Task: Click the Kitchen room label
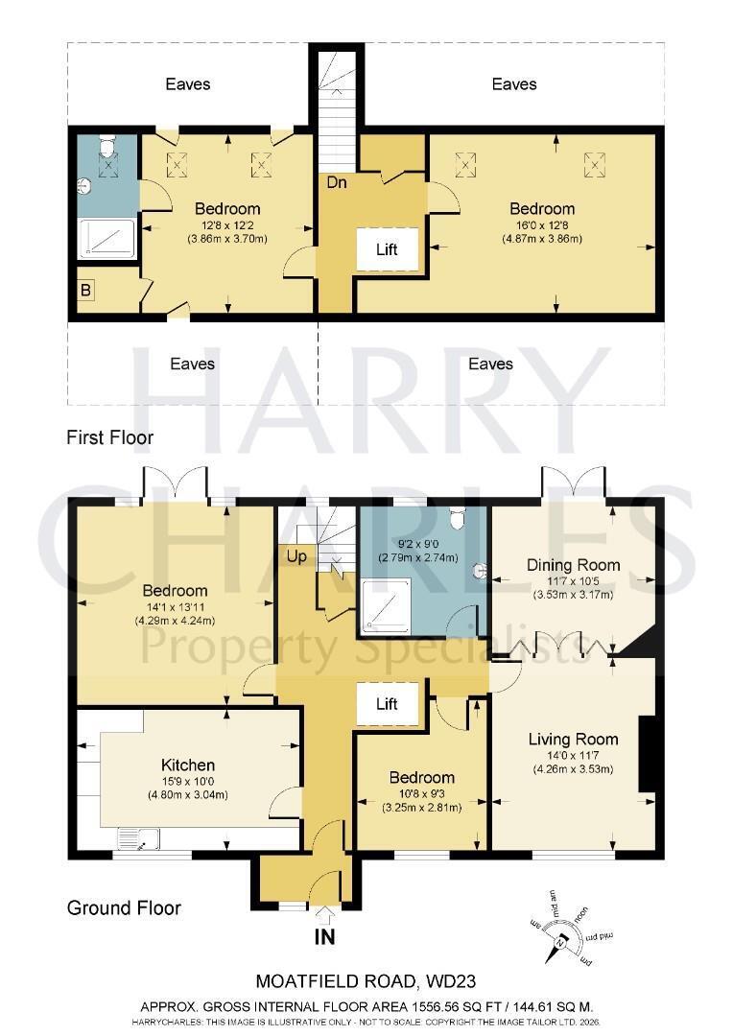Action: point(188,765)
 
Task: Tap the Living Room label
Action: point(573,740)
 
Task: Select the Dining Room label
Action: point(573,565)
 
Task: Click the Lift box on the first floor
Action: point(388,249)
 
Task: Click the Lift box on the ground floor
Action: point(388,704)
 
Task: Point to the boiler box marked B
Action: point(86,290)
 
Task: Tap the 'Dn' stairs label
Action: point(337,181)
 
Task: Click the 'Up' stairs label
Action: point(296,557)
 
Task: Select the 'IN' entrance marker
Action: point(325,936)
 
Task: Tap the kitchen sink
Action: point(138,837)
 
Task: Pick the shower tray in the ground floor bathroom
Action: point(387,602)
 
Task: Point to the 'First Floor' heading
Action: point(109,437)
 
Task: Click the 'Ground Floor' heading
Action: point(124,907)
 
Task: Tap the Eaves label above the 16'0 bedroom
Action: point(514,83)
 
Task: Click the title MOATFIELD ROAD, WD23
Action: point(366,981)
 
